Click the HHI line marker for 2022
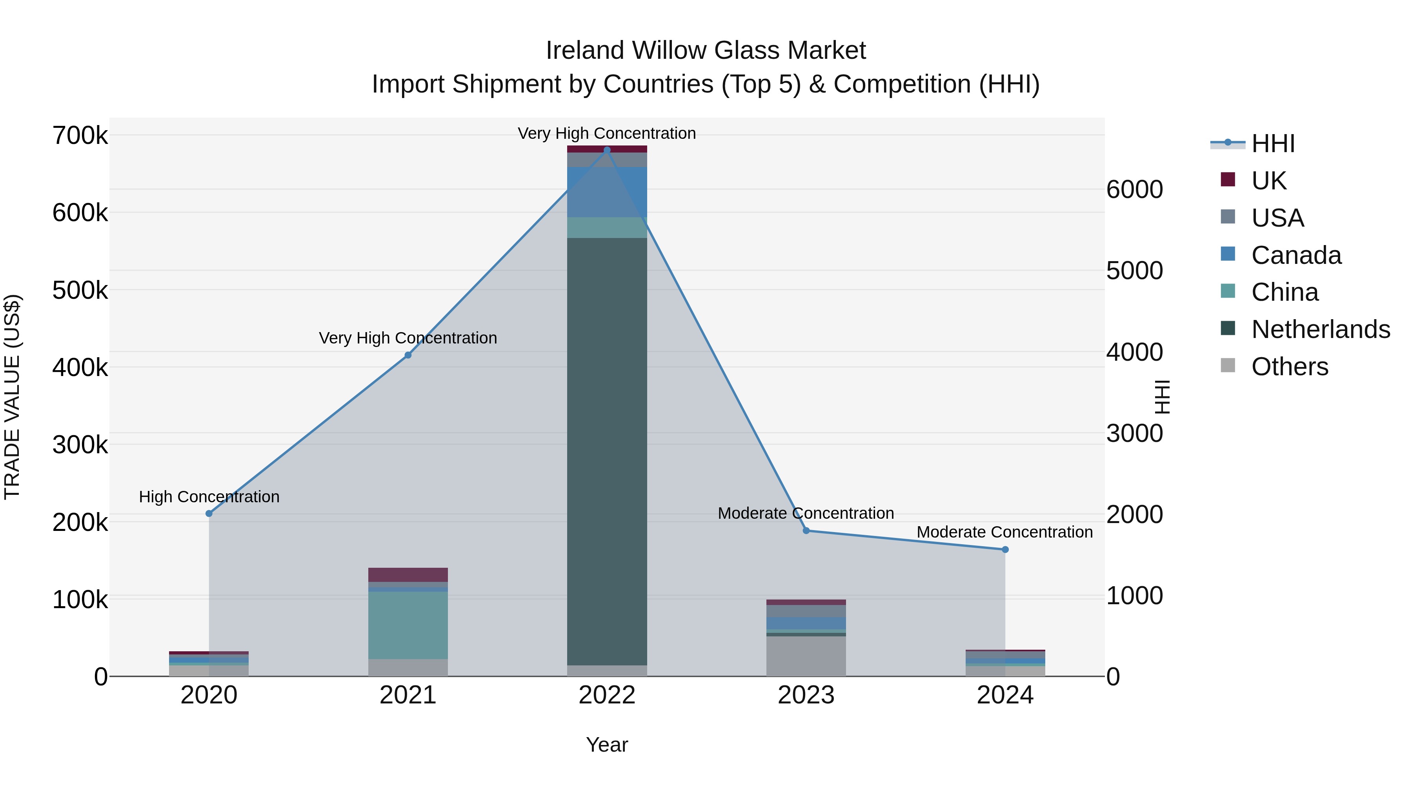(607, 150)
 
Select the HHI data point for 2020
(209, 513)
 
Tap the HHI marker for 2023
(806, 531)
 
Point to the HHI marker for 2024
(1005, 550)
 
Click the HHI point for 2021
(408, 355)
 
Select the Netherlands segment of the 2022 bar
(607, 449)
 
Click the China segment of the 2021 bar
(408, 625)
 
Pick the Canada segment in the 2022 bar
(607, 192)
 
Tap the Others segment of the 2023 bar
(806, 656)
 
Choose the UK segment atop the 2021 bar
(408, 575)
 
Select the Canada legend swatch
(1228, 254)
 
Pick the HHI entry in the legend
(1273, 144)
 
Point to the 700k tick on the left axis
(80, 135)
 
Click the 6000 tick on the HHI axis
(1134, 190)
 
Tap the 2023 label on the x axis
(806, 695)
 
